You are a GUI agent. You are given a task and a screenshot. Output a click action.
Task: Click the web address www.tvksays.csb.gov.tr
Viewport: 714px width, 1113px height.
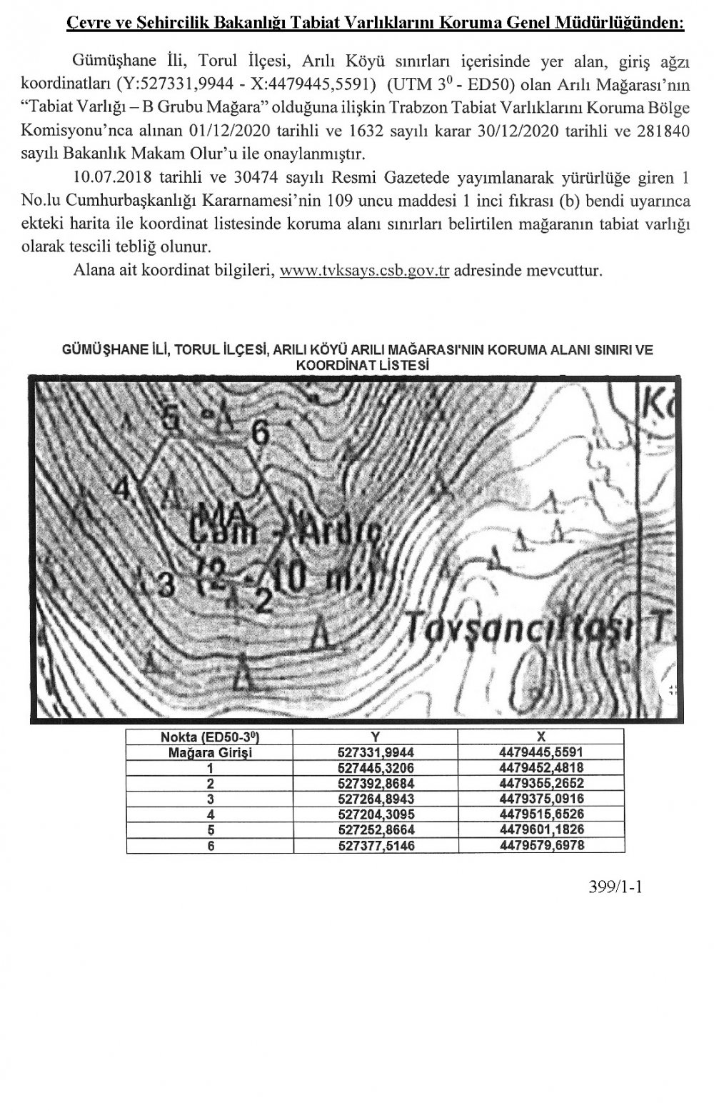tap(364, 272)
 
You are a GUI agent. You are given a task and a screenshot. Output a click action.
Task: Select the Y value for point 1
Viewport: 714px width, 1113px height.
tap(375, 768)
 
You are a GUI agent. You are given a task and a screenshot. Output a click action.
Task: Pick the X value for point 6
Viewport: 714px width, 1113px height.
tap(541, 846)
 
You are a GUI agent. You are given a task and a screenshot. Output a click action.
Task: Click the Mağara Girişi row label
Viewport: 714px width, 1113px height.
tap(209, 752)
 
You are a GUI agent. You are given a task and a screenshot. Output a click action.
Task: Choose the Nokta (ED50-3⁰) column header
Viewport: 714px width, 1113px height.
tap(209, 737)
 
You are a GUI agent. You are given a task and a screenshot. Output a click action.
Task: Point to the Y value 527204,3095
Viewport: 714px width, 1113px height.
tap(375, 814)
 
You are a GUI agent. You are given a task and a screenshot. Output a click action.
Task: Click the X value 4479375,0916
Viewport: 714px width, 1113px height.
tap(541, 799)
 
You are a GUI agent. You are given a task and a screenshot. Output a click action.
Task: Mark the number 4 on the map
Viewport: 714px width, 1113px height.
tap(123, 491)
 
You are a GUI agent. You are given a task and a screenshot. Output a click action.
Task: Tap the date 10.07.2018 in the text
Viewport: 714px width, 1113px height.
tap(115, 175)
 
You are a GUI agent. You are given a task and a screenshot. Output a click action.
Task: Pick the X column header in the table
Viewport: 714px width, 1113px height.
tap(541, 737)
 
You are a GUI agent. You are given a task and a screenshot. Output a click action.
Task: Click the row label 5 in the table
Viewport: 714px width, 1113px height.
tap(209, 830)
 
